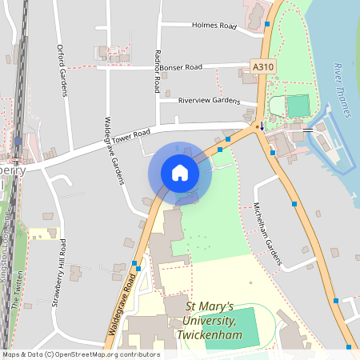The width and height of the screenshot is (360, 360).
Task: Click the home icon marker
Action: click(x=180, y=173)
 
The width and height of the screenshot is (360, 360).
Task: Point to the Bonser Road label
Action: click(x=182, y=67)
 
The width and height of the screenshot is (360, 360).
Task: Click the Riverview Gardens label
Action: click(x=210, y=101)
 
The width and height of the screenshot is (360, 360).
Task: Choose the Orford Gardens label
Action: click(x=62, y=70)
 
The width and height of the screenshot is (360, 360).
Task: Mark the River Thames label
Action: click(x=342, y=90)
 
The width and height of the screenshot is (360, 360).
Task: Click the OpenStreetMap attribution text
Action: click(x=80, y=354)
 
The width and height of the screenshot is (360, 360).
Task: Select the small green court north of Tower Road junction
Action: click(x=298, y=106)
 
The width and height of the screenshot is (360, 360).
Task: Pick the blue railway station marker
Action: click(x=18, y=141)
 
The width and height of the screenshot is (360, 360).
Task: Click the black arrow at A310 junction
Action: click(x=261, y=126)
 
